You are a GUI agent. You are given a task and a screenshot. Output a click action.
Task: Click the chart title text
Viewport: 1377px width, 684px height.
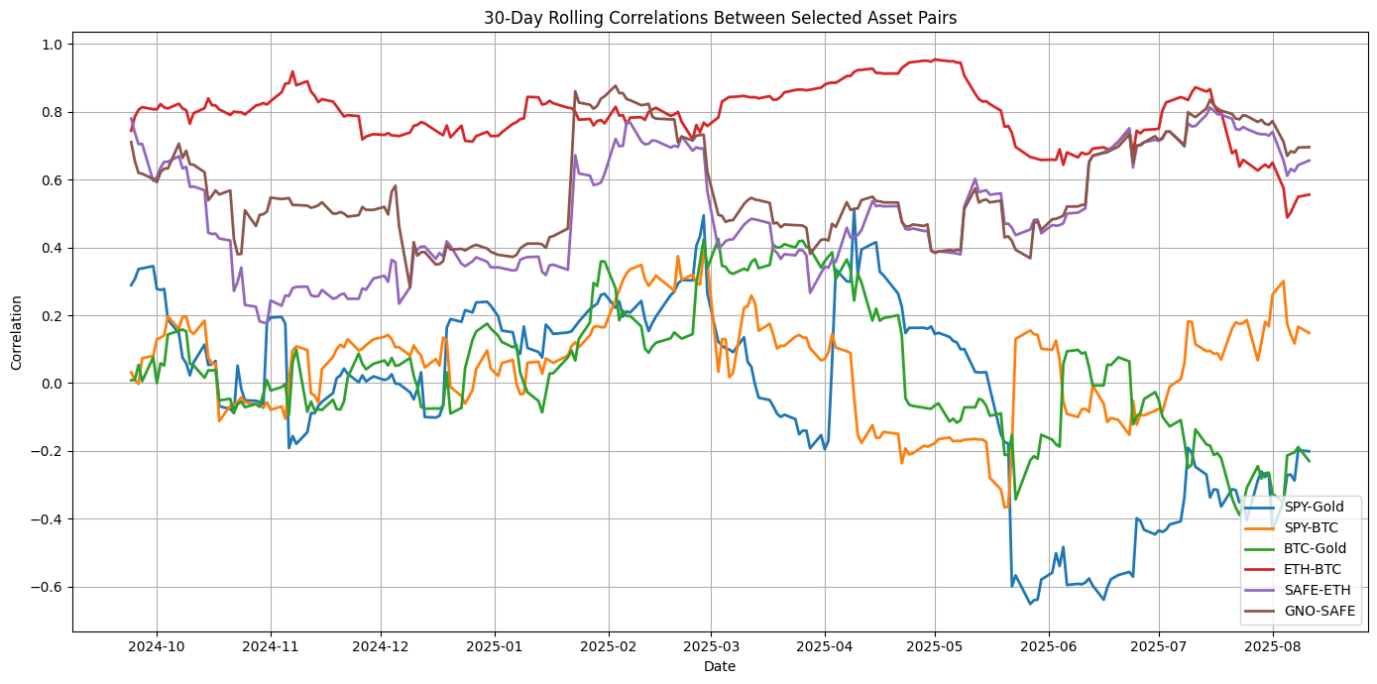point(720,17)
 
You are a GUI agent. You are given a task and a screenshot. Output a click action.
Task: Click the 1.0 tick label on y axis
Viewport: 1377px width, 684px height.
point(52,45)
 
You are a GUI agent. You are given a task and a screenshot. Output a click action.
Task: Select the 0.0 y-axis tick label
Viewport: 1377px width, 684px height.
point(52,384)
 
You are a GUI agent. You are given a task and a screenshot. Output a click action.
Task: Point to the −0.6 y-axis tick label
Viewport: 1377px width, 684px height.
point(48,587)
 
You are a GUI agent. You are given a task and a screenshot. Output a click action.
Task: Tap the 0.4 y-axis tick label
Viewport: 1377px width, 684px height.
point(52,248)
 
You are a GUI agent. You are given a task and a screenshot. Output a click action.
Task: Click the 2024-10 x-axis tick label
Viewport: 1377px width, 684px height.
point(156,645)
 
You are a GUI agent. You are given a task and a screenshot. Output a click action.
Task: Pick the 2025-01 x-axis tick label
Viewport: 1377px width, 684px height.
point(494,645)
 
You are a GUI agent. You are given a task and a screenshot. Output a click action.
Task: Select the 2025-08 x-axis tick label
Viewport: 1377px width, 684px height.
point(1273,645)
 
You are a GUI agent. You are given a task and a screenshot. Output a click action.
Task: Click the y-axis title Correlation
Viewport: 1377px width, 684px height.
point(17,331)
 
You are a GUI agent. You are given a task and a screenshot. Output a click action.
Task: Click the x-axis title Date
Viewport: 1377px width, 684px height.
point(720,667)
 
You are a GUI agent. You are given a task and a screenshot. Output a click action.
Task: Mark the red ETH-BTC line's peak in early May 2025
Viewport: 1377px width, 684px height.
point(934,59)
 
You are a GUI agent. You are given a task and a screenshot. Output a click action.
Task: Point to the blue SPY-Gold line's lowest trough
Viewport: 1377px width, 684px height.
point(1030,603)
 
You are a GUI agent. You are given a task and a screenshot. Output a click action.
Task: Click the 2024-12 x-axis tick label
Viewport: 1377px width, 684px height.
point(381,645)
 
